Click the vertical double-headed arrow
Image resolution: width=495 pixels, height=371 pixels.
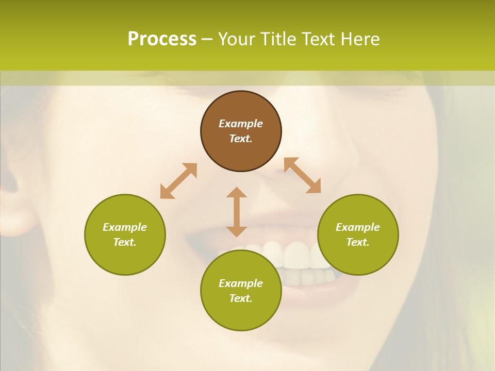237,212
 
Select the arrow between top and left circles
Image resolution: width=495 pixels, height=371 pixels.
178,181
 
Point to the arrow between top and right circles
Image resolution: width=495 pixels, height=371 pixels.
302,175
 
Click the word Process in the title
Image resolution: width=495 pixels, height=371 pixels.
162,39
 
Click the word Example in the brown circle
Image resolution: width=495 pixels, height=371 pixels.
241,124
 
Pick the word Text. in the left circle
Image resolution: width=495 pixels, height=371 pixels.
125,242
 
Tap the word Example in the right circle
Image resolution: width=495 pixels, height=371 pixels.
358,227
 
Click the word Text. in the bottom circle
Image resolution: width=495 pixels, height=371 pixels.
241,298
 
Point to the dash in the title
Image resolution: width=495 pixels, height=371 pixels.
207,40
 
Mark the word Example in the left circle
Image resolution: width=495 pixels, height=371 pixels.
125,227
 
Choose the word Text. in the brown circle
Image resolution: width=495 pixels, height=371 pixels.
241,139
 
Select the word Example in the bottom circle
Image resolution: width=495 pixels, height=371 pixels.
241,283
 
